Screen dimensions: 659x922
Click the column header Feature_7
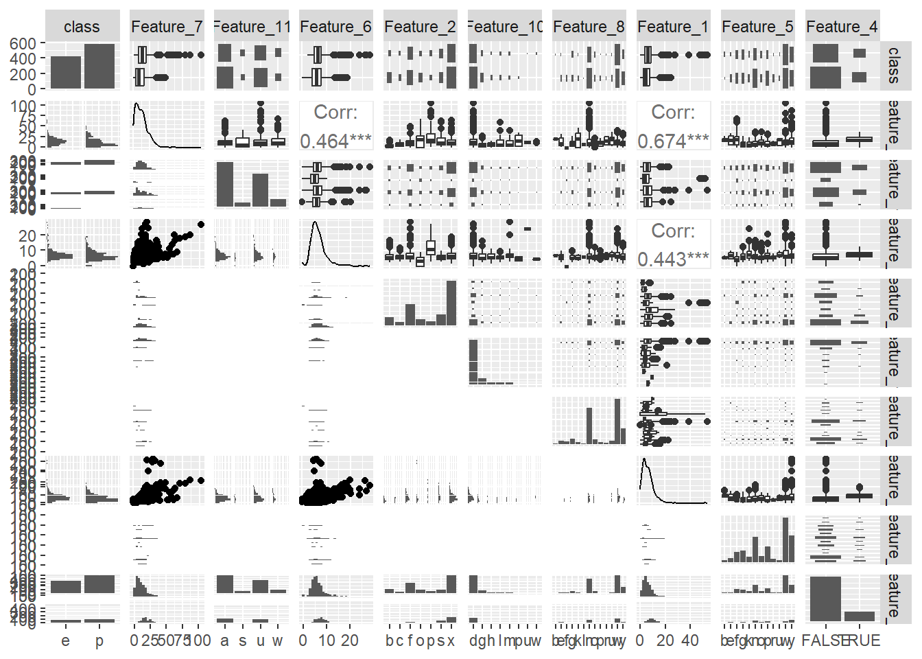[167, 27]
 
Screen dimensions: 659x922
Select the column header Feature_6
[335, 27]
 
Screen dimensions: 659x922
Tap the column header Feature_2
[420, 27]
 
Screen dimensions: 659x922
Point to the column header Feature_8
[589, 27]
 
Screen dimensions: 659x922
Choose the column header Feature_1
[673, 27]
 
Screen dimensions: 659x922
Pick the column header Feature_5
[757, 27]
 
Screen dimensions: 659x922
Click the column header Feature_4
[842, 27]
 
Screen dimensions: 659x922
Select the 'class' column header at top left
[82, 27]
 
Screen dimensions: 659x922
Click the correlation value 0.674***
[673, 141]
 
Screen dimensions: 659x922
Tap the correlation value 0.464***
[335, 141]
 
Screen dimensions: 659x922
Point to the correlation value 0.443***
[673, 259]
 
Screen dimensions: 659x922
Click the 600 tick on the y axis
[23, 43]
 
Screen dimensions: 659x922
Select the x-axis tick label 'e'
[65, 641]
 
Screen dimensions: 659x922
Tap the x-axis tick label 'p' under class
[99, 641]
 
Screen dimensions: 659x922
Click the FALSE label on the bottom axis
[825, 641]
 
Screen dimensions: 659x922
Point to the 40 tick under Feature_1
[690, 641]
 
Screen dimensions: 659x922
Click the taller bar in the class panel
[99, 67]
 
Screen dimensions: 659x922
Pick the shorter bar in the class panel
[65, 73]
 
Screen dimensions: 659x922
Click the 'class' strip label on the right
[893, 66]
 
